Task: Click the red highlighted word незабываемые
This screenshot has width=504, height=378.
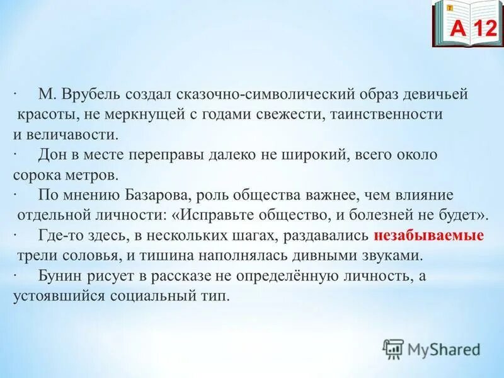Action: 428,237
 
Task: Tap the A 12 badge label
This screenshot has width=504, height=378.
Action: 467,27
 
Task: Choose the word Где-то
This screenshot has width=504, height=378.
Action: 58,236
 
